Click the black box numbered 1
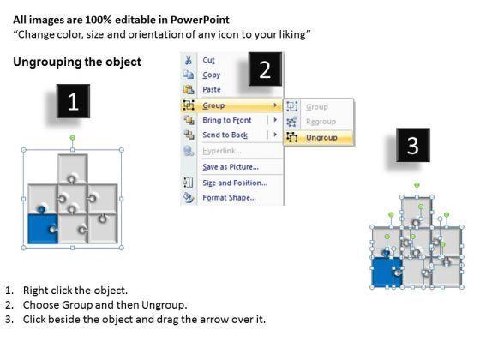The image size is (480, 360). tap(73, 101)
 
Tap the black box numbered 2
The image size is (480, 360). tap(265, 69)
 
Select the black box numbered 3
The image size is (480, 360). tap(413, 145)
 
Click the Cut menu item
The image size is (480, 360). tap(208, 60)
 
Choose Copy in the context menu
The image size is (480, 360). tap(211, 75)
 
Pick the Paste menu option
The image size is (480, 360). tap(212, 90)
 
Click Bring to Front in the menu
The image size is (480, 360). tap(227, 120)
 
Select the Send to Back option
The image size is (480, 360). tap(225, 135)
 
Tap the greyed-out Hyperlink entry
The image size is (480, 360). tap(222, 151)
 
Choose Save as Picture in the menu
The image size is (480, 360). tap(231, 167)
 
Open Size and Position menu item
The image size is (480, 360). tap(235, 183)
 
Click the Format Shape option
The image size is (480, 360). tap(230, 198)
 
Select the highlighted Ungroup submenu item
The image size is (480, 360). tap(321, 138)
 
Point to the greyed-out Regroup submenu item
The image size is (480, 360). tap(321, 122)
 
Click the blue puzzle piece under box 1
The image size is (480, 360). tap(43, 226)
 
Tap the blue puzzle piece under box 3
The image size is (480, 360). tap(387, 271)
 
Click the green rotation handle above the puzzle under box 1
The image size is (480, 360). tap(73, 138)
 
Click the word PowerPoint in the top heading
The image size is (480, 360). tap(200, 20)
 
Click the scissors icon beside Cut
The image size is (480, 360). tap(189, 60)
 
